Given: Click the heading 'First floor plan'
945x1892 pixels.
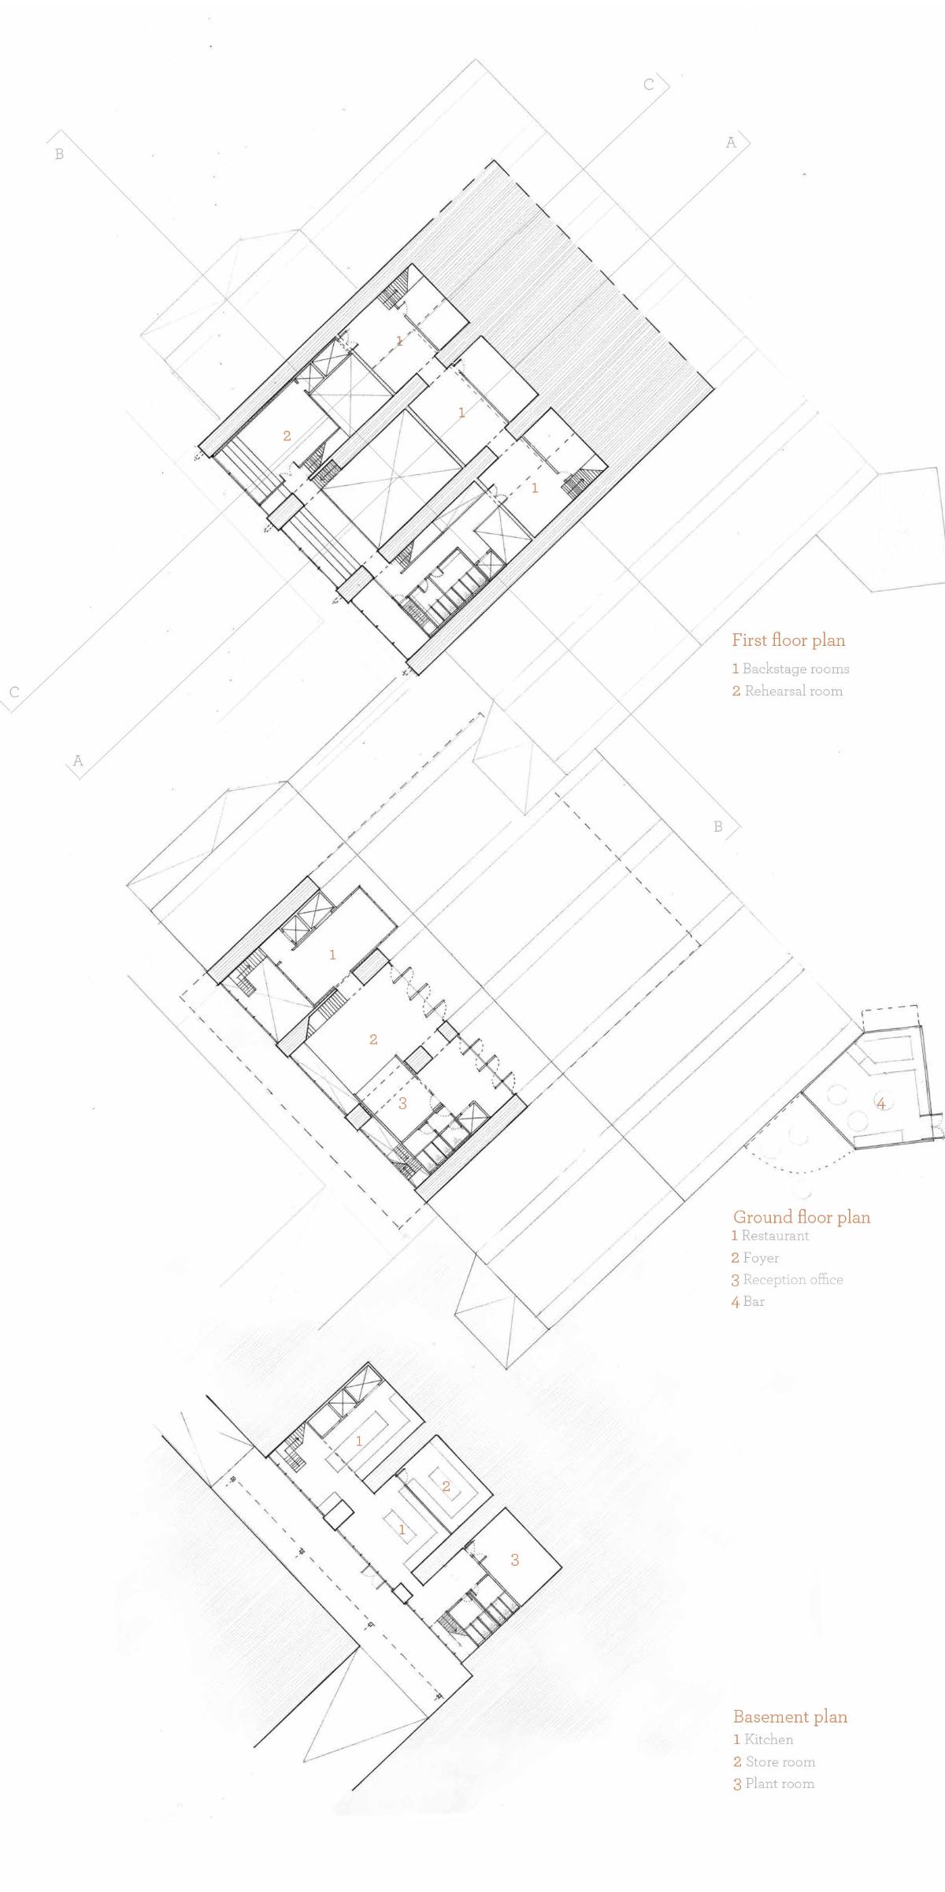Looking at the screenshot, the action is pyautogui.click(x=788, y=640).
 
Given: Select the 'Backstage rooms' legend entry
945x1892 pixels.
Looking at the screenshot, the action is pyautogui.click(x=791, y=669).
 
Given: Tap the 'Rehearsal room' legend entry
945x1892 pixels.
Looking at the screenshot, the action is pyautogui.click(x=787, y=691).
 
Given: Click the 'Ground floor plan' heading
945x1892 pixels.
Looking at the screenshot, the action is pyautogui.click(x=802, y=1217).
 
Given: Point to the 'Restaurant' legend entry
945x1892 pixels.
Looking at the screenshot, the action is pyautogui.click(x=770, y=1236).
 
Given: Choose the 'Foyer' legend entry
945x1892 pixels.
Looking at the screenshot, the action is pyautogui.click(x=755, y=1258).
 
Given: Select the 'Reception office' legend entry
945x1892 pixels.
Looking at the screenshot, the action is pyautogui.click(x=787, y=1280).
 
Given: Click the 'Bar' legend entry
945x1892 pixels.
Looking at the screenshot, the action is pyautogui.click(x=748, y=1301).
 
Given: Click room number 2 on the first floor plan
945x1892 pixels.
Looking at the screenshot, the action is pyautogui.click(x=287, y=436).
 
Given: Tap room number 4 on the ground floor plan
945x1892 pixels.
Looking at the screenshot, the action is pyautogui.click(x=881, y=1104).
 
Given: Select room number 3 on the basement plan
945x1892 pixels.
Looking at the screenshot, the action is pyautogui.click(x=515, y=1560).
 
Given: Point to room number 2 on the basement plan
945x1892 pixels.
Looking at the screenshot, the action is pyautogui.click(x=446, y=1486).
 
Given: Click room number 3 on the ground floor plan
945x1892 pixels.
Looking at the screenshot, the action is pyautogui.click(x=402, y=1104).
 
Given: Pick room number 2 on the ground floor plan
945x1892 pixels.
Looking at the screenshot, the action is pyautogui.click(x=373, y=1040).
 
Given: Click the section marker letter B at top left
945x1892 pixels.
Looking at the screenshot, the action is pyautogui.click(x=59, y=154).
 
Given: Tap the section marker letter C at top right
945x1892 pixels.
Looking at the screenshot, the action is pyautogui.click(x=649, y=84).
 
